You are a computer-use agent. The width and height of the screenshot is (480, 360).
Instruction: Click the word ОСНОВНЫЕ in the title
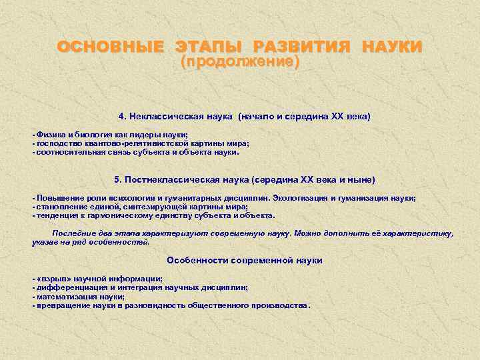coord(111,47)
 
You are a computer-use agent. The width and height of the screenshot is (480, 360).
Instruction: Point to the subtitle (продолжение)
coord(240,62)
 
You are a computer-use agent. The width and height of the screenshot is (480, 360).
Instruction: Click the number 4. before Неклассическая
coord(123,116)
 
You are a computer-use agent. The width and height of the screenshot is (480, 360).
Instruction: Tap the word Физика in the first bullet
coord(49,134)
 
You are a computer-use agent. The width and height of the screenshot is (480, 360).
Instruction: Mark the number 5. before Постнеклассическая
coord(119,179)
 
